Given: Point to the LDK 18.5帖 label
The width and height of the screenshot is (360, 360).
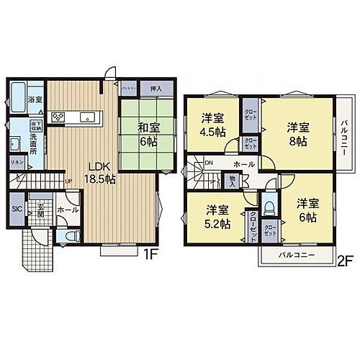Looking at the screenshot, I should coord(102,173).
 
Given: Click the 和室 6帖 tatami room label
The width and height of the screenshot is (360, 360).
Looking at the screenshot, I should coord(150,134).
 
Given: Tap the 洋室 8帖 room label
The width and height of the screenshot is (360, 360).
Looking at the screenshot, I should coord(298,134).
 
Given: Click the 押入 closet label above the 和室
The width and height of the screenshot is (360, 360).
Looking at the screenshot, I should coord(156,89).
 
